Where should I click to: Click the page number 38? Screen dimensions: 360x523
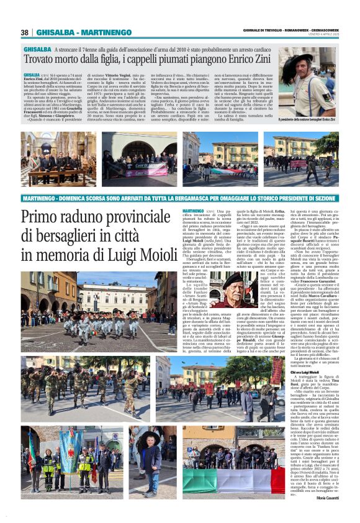[25, 32]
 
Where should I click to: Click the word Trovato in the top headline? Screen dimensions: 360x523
[42, 59]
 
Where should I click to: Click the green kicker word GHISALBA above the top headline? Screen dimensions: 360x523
[37, 48]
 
